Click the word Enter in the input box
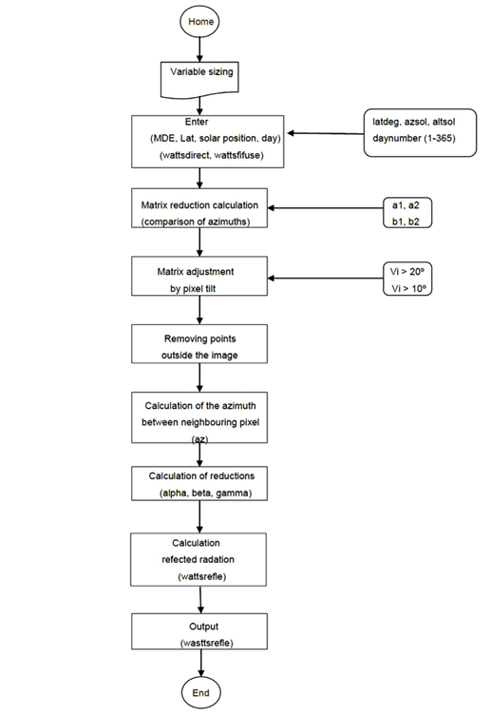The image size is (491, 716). pyautogui.click(x=197, y=122)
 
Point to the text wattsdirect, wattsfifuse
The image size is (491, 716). pyautogui.click(x=212, y=155)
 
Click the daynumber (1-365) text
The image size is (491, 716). pyautogui.click(x=414, y=138)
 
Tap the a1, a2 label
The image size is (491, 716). pyautogui.click(x=406, y=205)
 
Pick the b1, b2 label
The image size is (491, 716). pyautogui.click(x=406, y=222)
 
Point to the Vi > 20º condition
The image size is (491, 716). pyautogui.click(x=407, y=272)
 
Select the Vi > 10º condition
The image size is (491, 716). pyautogui.click(x=408, y=288)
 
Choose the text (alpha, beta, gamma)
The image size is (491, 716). pyautogui.click(x=205, y=493)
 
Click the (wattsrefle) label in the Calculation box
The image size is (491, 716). pyautogui.click(x=202, y=576)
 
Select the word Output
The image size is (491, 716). pyautogui.click(x=204, y=627)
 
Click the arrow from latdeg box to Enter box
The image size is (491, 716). pyautogui.click(x=326, y=133)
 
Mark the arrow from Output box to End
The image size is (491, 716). pyautogui.click(x=201, y=663)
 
